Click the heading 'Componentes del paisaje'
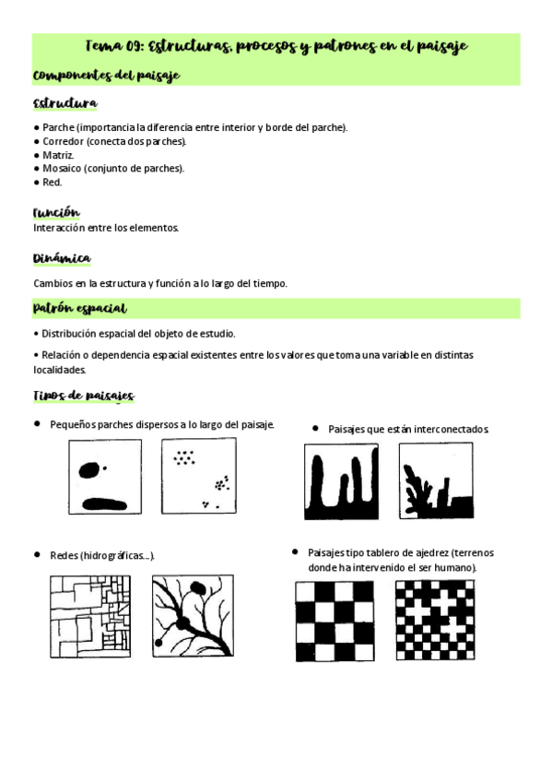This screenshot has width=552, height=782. tap(106, 75)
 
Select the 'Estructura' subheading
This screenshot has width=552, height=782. tap(65, 103)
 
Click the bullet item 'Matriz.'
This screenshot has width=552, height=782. tap(58, 155)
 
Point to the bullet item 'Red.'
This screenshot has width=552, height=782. tap(53, 182)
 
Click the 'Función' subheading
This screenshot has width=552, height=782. tap(56, 212)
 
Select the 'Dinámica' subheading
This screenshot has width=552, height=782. tap(61, 259)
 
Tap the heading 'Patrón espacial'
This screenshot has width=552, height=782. tap(79, 308)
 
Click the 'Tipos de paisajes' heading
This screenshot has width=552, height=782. tap(83, 396)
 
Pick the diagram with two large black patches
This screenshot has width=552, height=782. tap(105, 476)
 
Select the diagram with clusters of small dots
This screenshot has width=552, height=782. tap(198, 476)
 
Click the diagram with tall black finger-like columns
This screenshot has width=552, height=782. tap(341, 480)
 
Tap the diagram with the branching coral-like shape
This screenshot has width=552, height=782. tap(435, 480)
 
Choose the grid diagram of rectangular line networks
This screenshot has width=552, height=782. tap(90, 616)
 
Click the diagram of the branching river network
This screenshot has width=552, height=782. tap(193, 616)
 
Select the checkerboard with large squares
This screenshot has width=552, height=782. tap(335, 620)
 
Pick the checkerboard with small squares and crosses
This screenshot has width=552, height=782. tap(435, 620)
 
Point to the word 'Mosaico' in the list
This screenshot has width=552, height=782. tap(62, 168)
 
